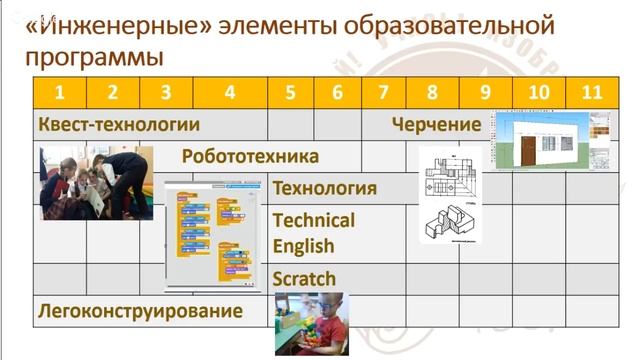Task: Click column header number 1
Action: click(60, 93)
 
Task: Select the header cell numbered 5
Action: click(290, 93)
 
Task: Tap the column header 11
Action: click(592, 93)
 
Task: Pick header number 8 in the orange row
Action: click(432, 93)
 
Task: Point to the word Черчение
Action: click(437, 125)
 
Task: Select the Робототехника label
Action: click(250, 156)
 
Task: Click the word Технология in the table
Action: click(324, 188)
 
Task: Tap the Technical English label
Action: click(313, 232)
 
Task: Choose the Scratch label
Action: click(304, 279)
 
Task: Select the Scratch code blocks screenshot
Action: click(216, 235)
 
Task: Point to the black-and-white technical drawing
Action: click(449, 196)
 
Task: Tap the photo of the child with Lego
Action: click(309, 322)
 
